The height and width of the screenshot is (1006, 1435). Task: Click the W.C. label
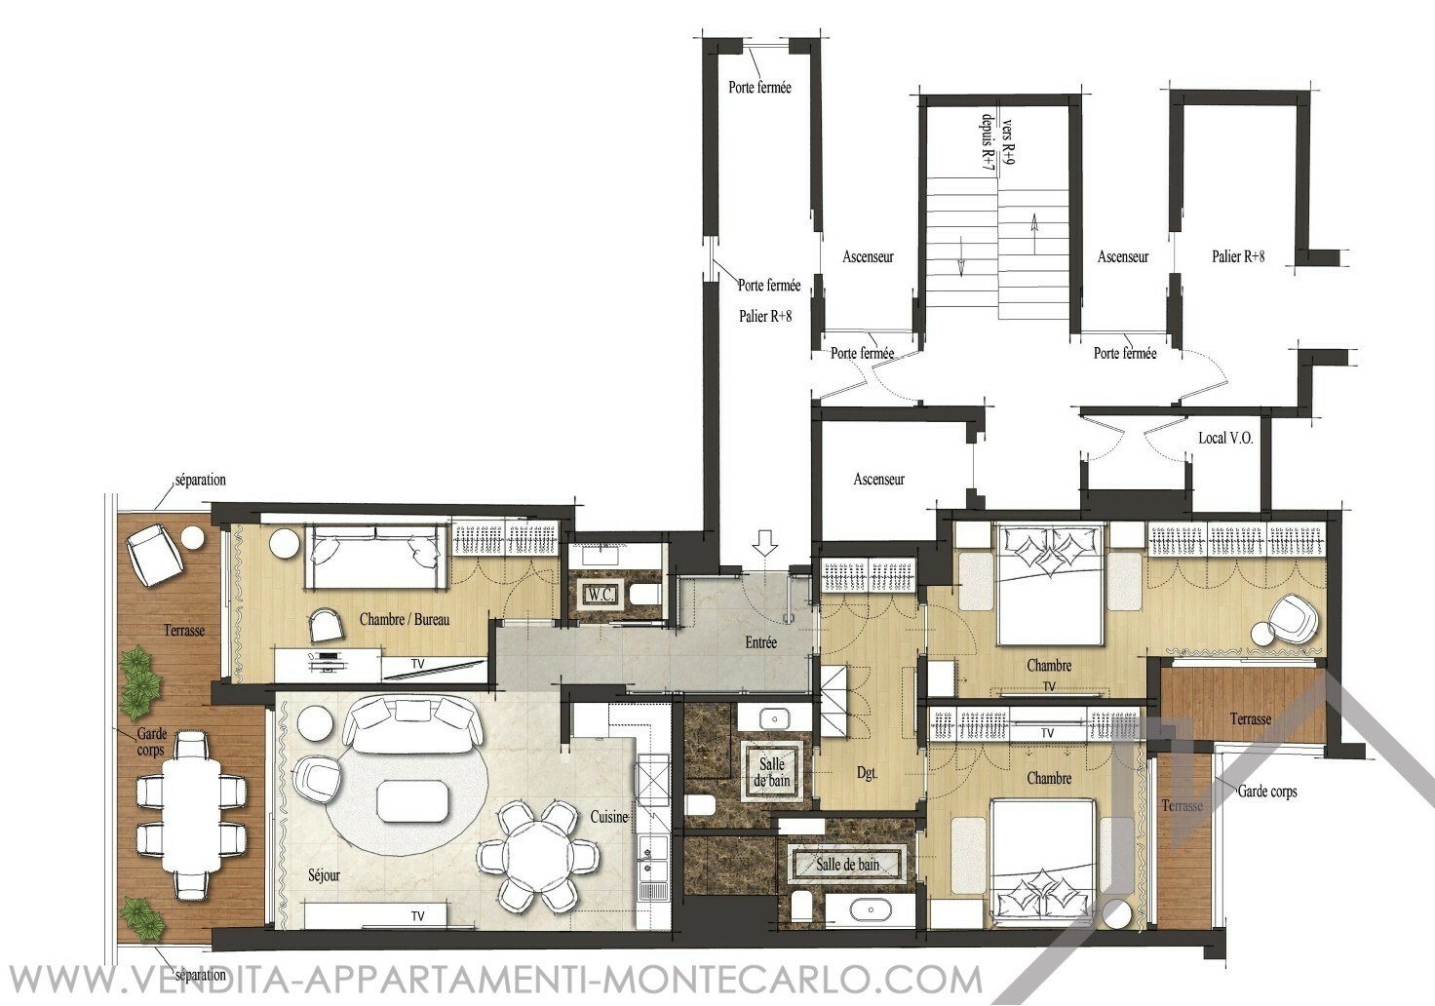(x=601, y=595)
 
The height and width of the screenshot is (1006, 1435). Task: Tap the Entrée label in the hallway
(x=761, y=642)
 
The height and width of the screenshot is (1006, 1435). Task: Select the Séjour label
(x=325, y=876)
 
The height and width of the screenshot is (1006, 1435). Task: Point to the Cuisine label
(x=608, y=817)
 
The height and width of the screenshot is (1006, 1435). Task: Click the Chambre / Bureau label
(x=405, y=619)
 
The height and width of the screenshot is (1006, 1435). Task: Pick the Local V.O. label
(x=1225, y=439)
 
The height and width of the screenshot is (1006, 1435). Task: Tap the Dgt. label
(x=867, y=774)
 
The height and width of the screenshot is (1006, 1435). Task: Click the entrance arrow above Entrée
(x=765, y=542)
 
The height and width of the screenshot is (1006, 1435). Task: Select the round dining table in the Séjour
(x=538, y=857)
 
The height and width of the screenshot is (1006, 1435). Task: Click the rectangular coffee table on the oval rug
(x=412, y=800)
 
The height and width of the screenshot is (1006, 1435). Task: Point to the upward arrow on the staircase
(x=1033, y=225)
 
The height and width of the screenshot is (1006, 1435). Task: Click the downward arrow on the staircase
(x=961, y=256)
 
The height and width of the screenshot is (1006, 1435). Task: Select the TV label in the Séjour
(x=417, y=916)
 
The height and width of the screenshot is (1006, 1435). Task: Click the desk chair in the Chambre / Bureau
(x=327, y=625)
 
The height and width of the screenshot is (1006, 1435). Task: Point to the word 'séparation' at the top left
(x=201, y=480)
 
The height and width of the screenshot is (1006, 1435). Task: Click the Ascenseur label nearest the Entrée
(x=879, y=479)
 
